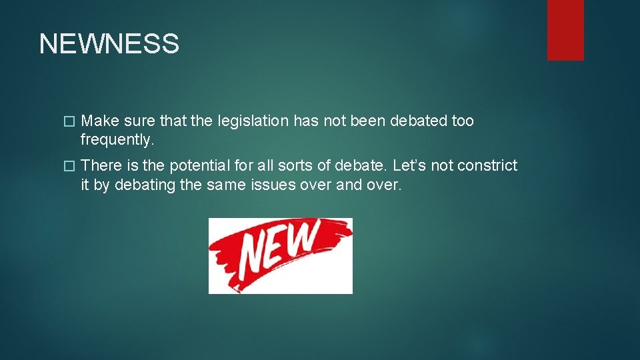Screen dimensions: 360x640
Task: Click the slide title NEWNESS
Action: tap(109, 44)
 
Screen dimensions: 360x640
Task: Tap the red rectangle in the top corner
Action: tap(565, 30)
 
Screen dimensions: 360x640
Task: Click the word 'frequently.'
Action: tap(117, 140)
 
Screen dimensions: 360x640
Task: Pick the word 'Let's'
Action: tap(413, 165)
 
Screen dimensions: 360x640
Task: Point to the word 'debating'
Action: tap(145, 185)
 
